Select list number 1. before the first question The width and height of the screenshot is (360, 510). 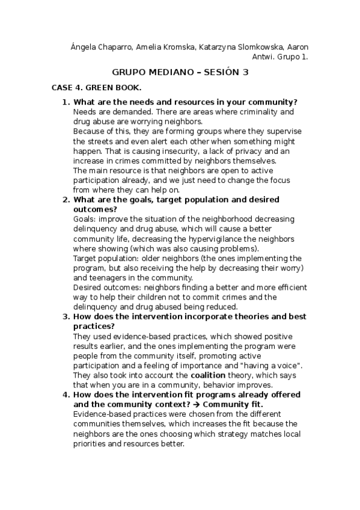point(66,102)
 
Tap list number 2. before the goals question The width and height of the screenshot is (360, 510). point(66,199)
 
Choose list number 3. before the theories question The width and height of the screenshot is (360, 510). point(66,316)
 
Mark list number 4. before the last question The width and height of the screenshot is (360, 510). point(66,395)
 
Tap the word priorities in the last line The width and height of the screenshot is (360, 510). point(90,443)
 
